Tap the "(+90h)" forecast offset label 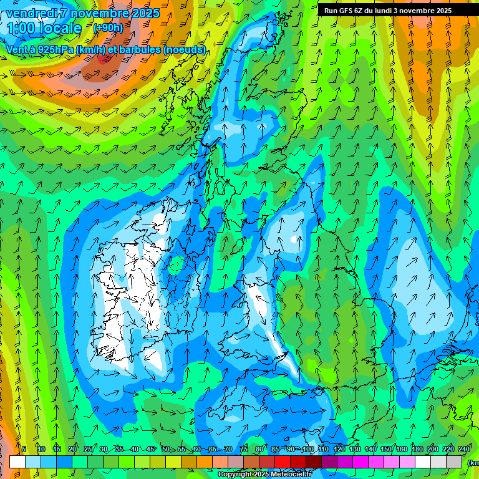pos(108,27)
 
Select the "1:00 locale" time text pos(44,28)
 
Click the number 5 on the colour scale pos(24,450)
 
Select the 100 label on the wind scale pos(307,450)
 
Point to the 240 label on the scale pos(464,450)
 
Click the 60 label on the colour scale pos(197,450)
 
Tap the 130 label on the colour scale pos(354,450)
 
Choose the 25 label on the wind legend pos(87,450)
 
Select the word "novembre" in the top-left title pos(99,13)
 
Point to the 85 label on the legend pos(275,450)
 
